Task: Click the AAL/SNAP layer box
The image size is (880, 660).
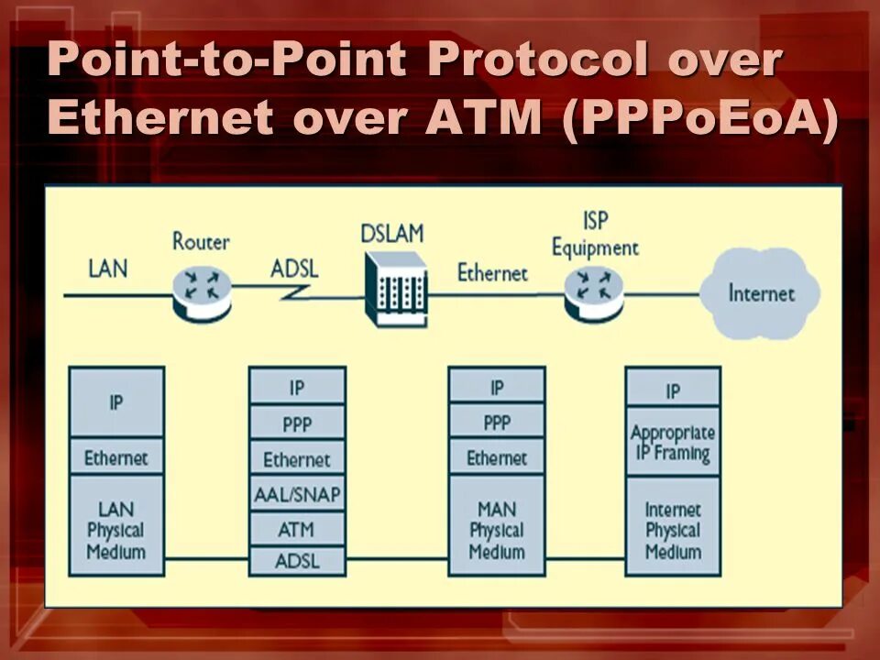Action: pyautogui.click(x=297, y=495)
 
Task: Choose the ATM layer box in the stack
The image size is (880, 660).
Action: pyautogui.click(x=297, y=529)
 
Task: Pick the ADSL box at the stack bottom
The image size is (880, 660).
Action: pyautogui.click(x=297, y=560)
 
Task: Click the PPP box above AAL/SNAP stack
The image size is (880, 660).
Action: pyautogui.click(x=297, y=424)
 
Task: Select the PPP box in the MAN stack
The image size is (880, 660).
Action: pyautogui.click(x=496, y=423)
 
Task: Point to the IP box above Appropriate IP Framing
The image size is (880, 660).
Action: pyautogui.click(x=673, y=390)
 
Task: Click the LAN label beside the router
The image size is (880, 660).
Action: pyautogui.click(x=108, y=269)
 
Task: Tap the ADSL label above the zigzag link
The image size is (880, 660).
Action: pyautogui.click(x=295, y=269)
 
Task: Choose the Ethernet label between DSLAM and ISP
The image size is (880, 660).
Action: pyautogui.click(x=492, y=272)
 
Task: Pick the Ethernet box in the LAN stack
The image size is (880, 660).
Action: pyautogui.click(x=116, y=457)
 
